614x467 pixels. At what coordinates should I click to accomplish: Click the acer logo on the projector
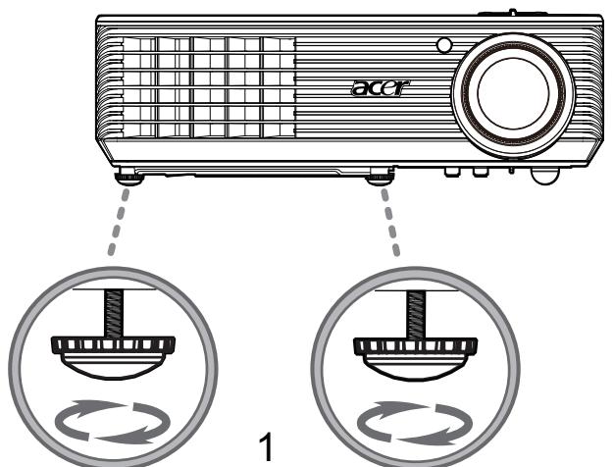(x=381, y=87)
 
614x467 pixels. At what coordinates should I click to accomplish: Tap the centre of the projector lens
(x=513, y=93)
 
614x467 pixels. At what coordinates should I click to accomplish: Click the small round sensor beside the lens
(x=443, y=45)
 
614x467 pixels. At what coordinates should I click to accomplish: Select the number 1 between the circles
(x=267, y=446)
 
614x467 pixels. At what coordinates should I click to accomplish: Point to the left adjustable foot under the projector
(x=129, y=177)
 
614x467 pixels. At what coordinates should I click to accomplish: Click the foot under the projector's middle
(x=380, y=176)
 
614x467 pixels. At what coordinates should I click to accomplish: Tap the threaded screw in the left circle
(x=114, y=313)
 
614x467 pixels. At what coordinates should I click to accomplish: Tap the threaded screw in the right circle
(x=416, y=314)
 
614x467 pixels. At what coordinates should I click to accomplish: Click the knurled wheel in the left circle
(x=113, y=345)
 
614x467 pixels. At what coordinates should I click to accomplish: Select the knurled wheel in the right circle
(x=416, y=346)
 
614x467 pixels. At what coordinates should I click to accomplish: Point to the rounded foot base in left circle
(x=113, y=366)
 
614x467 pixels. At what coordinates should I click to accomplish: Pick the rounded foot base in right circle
(x=416, y=368)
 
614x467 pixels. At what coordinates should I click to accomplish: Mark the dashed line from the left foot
(x=119, y=222)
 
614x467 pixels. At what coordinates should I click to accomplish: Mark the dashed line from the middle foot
(x=390, y=222)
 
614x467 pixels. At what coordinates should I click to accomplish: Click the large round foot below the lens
(x=544, y=176)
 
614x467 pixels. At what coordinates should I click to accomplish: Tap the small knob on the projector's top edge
(x=512, y=12)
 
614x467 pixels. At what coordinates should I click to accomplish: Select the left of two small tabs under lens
(x=452, y=172)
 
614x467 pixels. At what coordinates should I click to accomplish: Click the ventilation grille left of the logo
(x=209, y=87)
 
